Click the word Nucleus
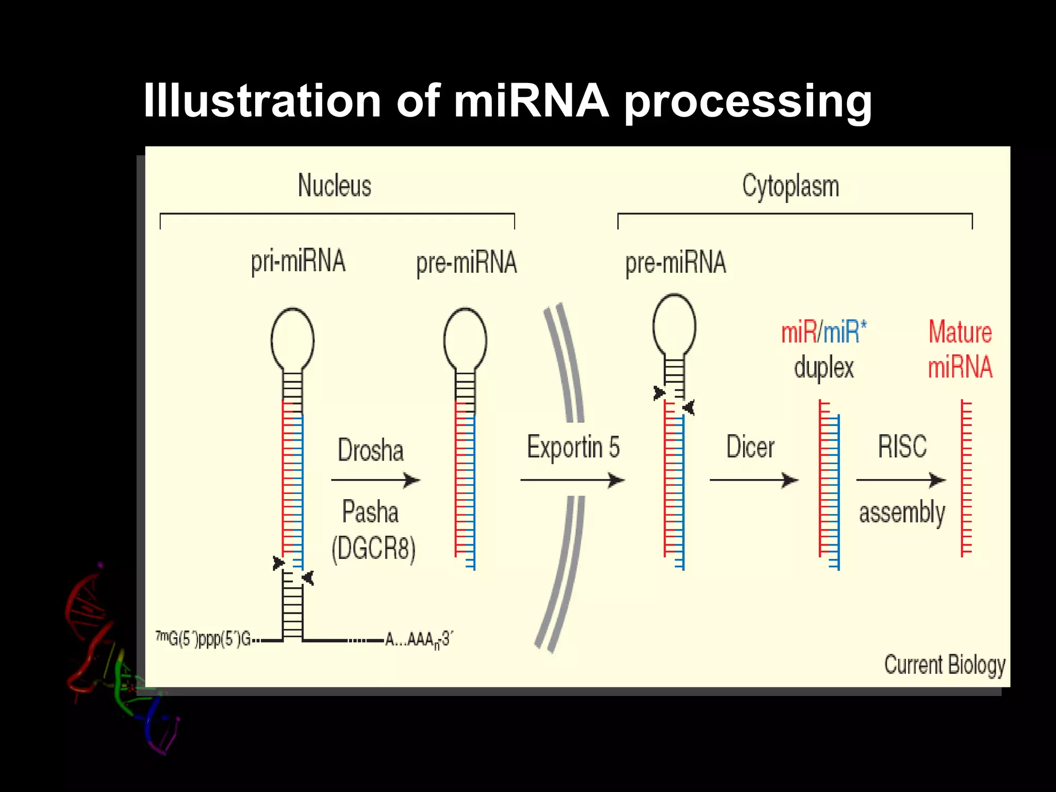click(x=335, y=186)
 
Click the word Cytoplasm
click(x=790, y=187)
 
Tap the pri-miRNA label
click(x=298, y=262)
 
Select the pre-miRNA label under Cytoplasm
click(x=675, y=263)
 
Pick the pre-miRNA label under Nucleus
click(x=466, y=263)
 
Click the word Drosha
click(x=371, y=450)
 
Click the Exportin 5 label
click(x=573, y=447)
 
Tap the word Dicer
click(x=750, y=447)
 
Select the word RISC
click(x=902, y=447)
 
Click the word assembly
click(x=902, y=513)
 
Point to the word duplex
click(x=824, y=368)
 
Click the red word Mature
click(x=960, y=332)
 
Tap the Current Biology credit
click(x=945, y=665)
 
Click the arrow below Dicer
click(x=753, y=480)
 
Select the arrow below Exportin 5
click(x=572, y=480)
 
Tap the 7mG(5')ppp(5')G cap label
click(x=203, y=639)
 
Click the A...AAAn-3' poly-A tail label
click(x=418, y=640)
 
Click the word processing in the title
click(x=748, y=102)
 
